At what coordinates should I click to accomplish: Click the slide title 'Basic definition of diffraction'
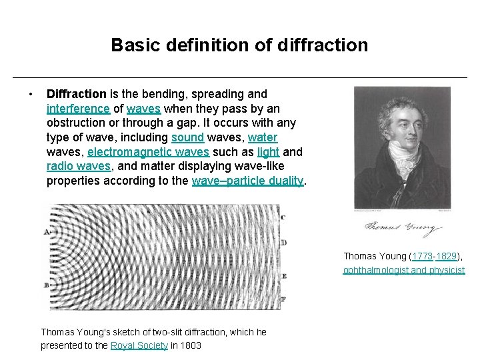(239, 45)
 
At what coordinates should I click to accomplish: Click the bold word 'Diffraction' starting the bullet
(76, 94)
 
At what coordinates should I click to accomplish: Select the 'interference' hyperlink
(78, 109)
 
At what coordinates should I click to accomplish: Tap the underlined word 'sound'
(187, 138)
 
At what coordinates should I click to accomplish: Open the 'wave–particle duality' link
(247, 181)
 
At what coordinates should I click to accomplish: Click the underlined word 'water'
(263, 138)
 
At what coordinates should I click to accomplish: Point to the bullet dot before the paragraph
(31, 94)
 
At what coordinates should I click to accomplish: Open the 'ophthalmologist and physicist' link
(404, 270)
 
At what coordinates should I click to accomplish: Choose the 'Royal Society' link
(139, 345)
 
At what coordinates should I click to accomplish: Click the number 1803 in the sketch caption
(189, 345)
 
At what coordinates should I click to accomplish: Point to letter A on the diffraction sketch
(46, 232)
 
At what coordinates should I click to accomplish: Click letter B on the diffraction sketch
(46, 285)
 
